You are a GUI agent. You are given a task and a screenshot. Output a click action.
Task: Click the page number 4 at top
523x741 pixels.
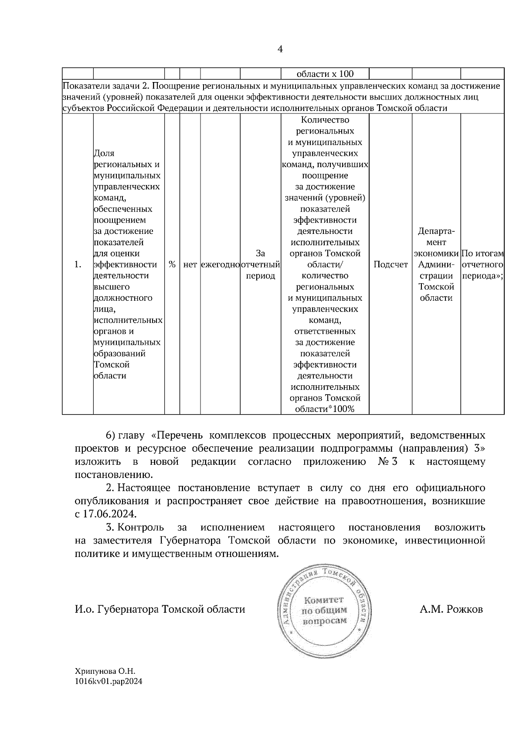coord(280,49)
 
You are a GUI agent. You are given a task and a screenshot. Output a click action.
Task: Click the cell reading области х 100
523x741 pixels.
coord(325,74)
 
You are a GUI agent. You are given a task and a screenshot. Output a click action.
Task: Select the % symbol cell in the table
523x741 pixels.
coord(172,264)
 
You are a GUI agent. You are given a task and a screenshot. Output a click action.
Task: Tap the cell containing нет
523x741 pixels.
coord(190,265)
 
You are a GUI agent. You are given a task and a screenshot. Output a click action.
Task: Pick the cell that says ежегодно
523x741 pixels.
coord(221,265)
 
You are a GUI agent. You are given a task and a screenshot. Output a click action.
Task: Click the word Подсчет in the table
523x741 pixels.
coord(391,264)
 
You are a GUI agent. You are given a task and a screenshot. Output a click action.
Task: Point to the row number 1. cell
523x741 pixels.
coord(78,264)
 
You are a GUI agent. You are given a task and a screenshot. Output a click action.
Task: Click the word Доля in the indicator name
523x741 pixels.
coord(104,153)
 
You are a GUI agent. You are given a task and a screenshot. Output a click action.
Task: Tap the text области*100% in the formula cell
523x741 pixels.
coord(325,409)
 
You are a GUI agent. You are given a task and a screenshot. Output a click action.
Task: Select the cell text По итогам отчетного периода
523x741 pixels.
coord(482,264)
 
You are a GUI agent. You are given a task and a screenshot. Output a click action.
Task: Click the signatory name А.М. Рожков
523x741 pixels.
coord(451,609)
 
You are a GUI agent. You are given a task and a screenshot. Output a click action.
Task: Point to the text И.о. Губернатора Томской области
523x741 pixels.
coord(160,609)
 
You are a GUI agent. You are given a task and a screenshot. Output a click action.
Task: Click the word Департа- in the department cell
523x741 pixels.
coord(436,231)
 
